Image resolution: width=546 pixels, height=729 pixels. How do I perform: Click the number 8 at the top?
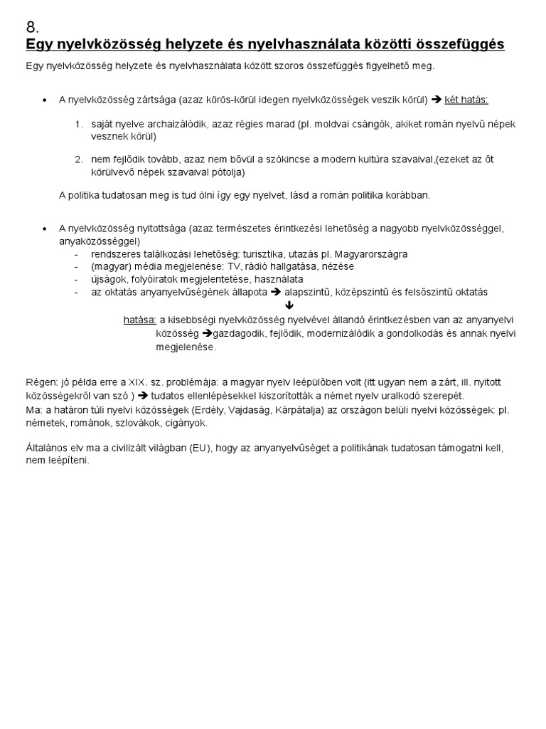click(x=32, y=28)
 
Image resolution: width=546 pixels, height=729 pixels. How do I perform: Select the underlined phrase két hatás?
click(x=466, y=100)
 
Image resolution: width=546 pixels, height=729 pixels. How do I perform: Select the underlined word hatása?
click(x=140, y=320)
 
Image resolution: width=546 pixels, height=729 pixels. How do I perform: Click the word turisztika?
click(x=269, y=254)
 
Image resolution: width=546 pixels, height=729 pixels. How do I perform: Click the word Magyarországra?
click(x=373, y=254)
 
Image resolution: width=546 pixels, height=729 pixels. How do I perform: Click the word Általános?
click(x=47, y=448)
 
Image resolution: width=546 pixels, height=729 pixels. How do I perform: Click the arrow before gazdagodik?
click(x=206, y=333)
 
